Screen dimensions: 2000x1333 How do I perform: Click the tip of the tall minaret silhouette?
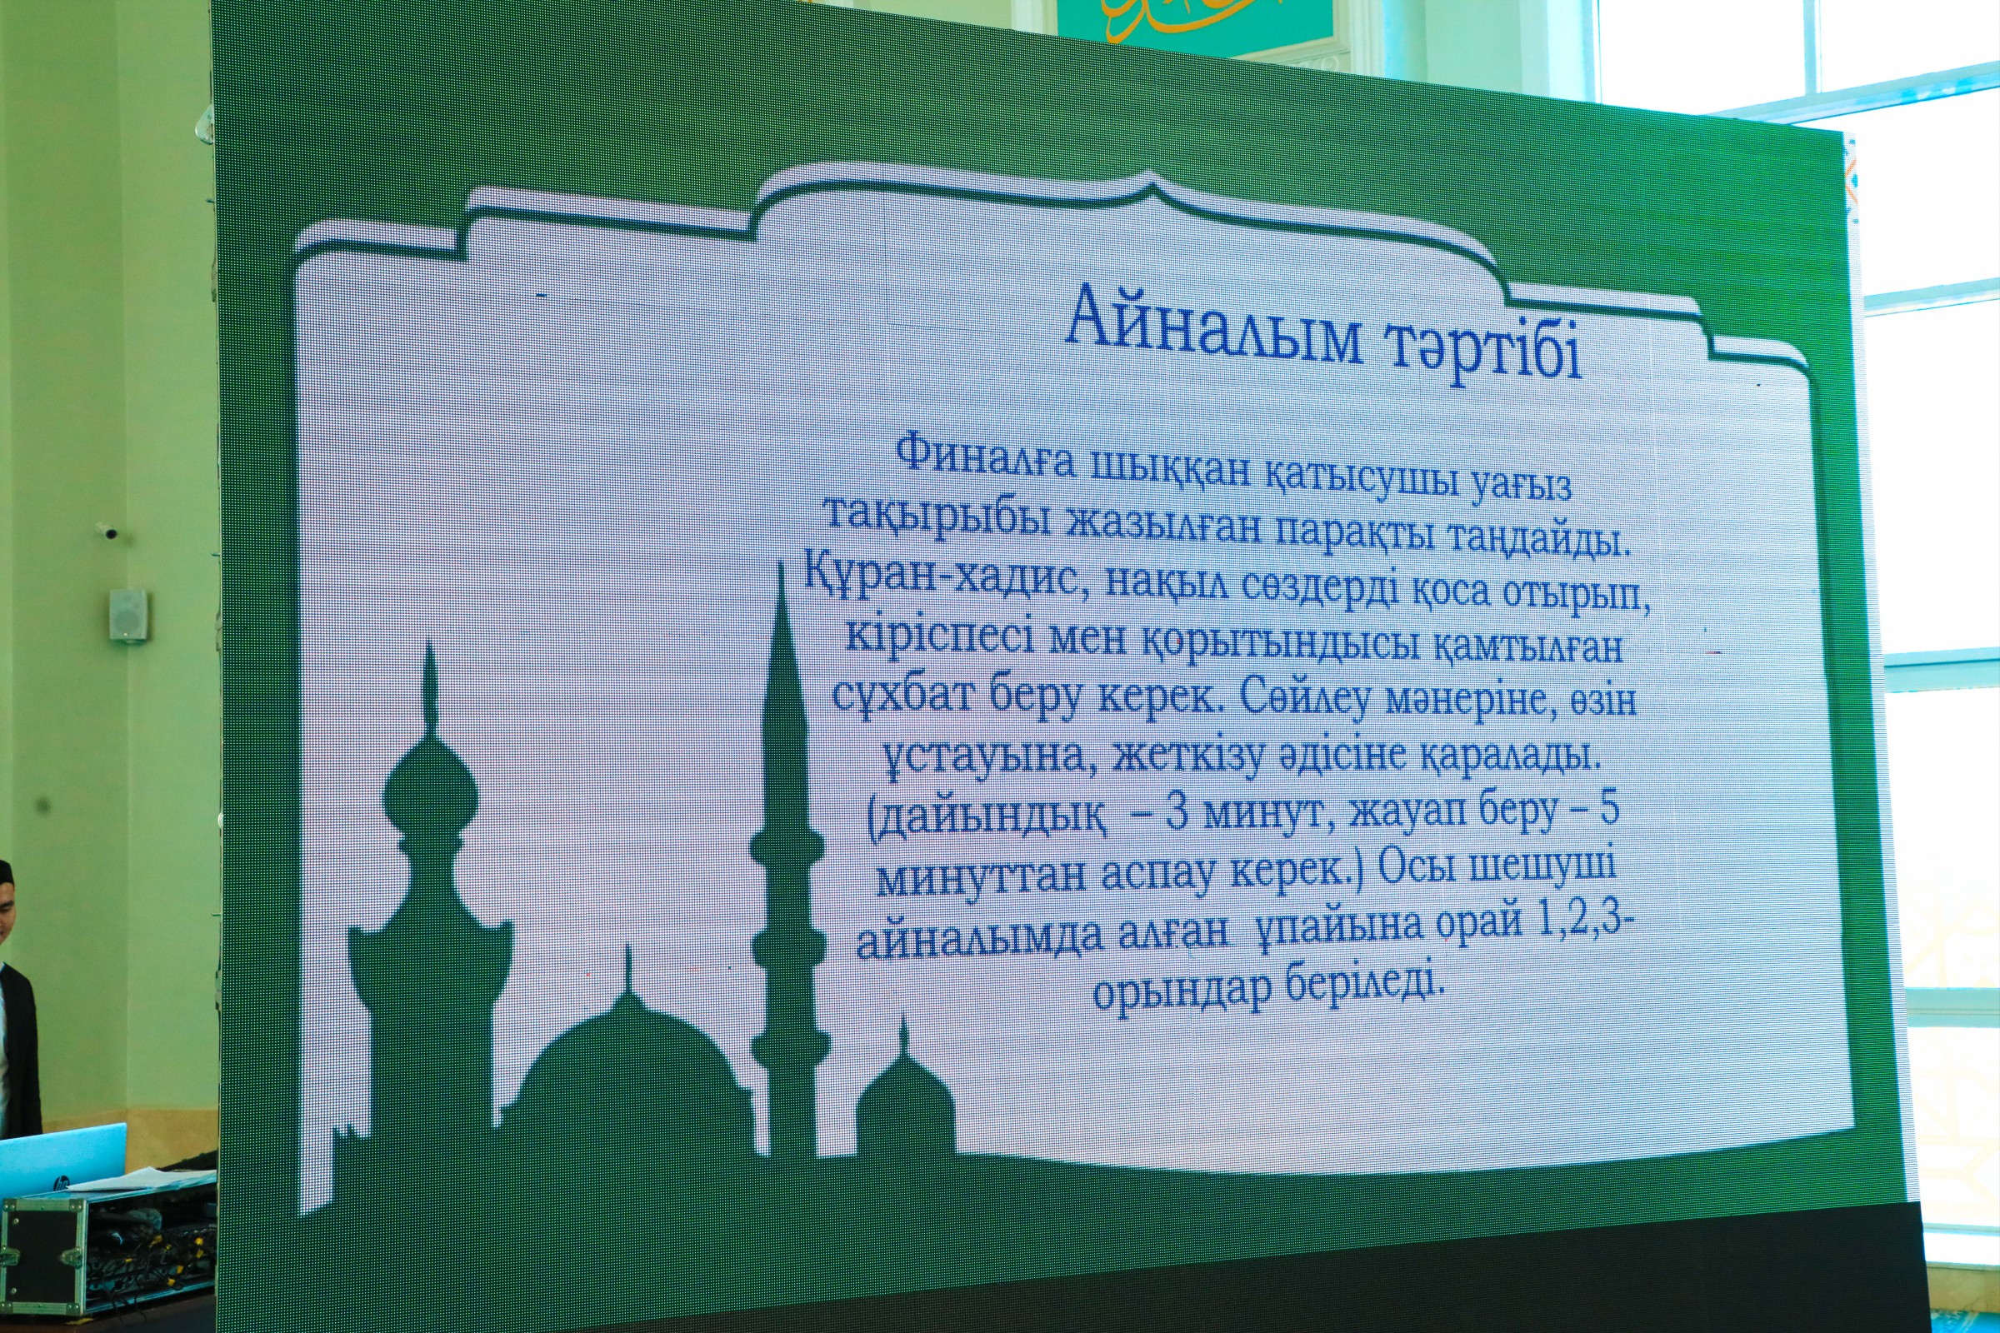[782, 564]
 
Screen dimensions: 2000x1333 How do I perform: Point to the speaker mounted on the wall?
[128, 613]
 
